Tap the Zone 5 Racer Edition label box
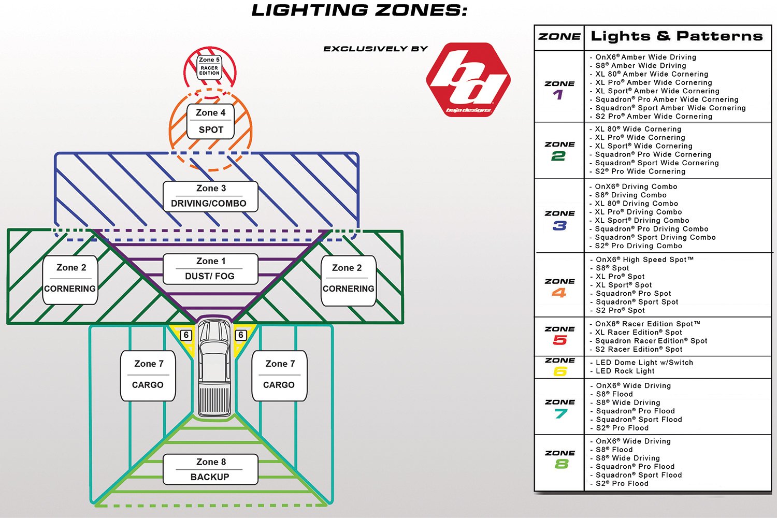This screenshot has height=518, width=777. [209, 67]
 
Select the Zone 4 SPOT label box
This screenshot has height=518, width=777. [211, 121]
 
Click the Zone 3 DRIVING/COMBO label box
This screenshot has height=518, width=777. [210, 196]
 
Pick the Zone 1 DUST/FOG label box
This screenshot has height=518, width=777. [210, 269]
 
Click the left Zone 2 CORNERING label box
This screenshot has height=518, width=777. [70, 279]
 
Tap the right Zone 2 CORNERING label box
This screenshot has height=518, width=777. [348, 280]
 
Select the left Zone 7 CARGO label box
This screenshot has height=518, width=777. [148, 376]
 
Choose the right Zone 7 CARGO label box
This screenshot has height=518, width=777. [279, 376]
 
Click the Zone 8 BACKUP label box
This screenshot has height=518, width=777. [210, 469]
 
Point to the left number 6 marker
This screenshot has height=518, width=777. [186, 335]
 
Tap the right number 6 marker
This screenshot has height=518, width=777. [241, 335]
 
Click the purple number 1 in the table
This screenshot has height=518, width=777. [558, 95]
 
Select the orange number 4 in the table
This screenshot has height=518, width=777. [559, 293]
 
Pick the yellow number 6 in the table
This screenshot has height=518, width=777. [560, 371]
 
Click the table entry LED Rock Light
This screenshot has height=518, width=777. [625, 371]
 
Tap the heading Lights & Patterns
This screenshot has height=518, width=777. [677, 36]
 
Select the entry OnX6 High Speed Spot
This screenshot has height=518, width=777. [644, 260]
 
